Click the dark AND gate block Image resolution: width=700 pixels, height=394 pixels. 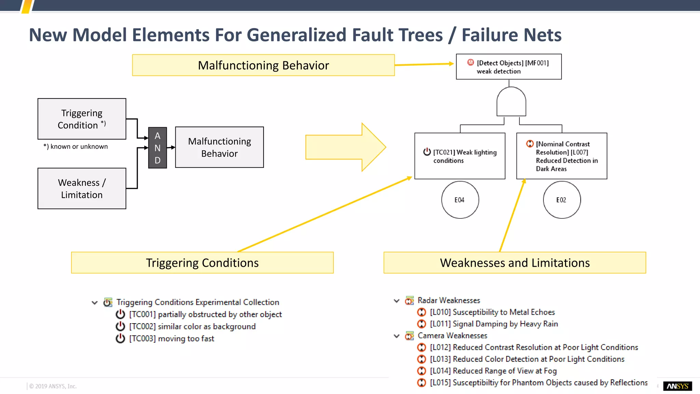coord(157,148)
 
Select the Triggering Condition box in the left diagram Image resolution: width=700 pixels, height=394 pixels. coord(82,119)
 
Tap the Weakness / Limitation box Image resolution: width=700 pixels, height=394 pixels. coord(82,188)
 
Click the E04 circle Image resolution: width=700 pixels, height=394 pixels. coord(460,200)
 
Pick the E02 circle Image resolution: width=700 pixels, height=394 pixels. coord(562,200)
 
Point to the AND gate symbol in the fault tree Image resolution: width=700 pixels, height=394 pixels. coord(511,102)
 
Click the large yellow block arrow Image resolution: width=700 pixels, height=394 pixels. coord(345,147)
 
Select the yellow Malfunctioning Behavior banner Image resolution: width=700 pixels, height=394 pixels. coord(263,65)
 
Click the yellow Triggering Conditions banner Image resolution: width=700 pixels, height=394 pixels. coord(202,263)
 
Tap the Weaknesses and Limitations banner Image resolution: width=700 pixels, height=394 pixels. coord(515,263)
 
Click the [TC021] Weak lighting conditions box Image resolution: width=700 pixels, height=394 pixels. coord(460,156)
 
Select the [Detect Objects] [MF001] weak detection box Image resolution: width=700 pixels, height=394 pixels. coord(509,67)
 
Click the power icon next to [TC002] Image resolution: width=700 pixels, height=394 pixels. coord(120,326)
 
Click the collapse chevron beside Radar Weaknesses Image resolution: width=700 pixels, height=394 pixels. coord(396,301)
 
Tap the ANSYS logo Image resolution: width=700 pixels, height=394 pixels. coord(677,386)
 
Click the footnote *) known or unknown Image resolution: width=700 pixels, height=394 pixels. coord(76,146)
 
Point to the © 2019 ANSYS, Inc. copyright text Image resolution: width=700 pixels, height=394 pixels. coord(53,386)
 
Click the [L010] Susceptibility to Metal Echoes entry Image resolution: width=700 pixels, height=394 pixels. coord(492,312)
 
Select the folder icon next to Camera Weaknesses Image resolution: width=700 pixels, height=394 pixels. coord(409,336)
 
